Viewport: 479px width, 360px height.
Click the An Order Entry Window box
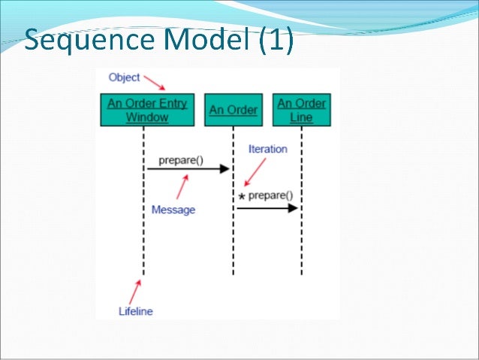click(147, 110)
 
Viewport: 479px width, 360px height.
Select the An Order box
click(233, 110)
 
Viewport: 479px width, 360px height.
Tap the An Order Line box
click(301, 110)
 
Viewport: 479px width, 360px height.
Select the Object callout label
click(124, 77)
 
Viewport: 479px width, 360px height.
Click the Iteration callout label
click(267, 149)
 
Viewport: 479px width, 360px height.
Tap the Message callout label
click(173, 210)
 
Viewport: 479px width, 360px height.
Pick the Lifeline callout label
click(136, 310)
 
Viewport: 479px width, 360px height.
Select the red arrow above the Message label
click(181, 188)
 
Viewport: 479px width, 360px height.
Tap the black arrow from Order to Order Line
click(267, 207)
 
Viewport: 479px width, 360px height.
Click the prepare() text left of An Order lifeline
click(181, 159)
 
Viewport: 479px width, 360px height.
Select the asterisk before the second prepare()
click(242, 198)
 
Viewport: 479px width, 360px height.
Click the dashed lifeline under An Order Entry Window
click(143, 225)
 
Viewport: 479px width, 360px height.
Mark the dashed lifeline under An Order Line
click(302, 241)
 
